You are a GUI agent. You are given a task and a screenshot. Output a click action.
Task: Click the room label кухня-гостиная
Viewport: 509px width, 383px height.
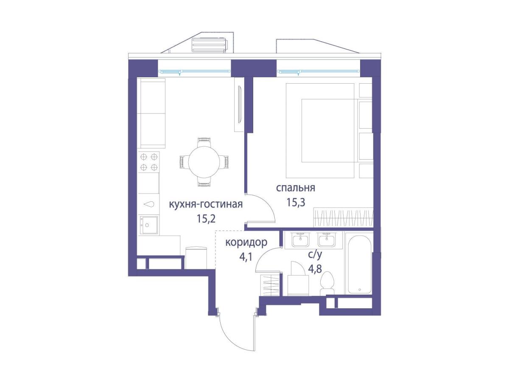click(206, 205)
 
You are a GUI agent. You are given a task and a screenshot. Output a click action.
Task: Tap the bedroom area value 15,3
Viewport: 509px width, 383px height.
click(296, 203)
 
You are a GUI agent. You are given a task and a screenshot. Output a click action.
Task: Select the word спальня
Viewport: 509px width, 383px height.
click(296, 188)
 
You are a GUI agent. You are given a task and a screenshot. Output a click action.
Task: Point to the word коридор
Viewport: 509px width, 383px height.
click(246, 243)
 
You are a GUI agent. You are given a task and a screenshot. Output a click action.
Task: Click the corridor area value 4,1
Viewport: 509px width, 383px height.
click(245, 257)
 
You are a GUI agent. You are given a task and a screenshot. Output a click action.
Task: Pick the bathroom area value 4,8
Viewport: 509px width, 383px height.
click(315, 269)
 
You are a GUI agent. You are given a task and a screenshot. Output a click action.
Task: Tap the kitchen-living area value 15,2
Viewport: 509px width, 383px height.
click(206, 218)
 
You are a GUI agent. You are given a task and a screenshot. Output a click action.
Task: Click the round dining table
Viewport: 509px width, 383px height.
click(203, 162)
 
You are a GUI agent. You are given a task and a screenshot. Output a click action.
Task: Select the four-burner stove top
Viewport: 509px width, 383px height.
click(149, 162)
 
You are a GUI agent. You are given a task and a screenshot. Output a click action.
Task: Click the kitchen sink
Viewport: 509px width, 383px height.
click(148, 225)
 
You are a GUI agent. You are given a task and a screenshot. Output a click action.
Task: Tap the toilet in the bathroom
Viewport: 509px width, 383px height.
click(327, 284)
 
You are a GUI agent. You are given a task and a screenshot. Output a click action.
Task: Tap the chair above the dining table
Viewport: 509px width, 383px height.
click(204, 142)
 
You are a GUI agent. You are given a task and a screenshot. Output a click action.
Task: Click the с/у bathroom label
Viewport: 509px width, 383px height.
click(315, 255)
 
